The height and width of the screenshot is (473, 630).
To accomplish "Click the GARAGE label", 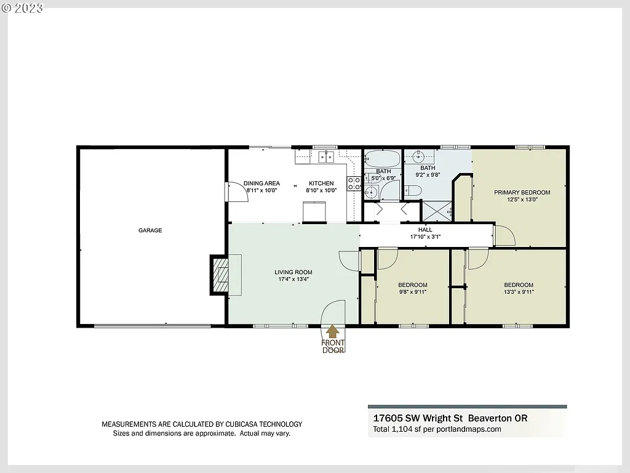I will pyautogui.click(x=150, y=230).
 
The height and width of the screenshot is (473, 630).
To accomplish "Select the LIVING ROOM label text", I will pyautogui.click(x=293, y=272).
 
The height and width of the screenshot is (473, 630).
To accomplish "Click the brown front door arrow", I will pyautogui.click(x=332, y=332).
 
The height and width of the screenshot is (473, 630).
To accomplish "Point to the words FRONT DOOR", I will pyautogui.click(x=333, y=347).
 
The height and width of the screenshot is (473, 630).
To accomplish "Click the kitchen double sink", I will pyautogui.click(x=326, y=157).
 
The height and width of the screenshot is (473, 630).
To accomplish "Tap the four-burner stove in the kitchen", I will pyautogui.click(x=354, y=183).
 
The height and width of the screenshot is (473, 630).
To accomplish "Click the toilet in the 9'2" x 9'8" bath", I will pyautogui.click(x=413, y=192).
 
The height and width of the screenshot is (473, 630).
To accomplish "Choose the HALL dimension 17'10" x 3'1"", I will pyautogui.click(x=425, y=236).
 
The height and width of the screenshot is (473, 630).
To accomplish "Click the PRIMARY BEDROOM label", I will pyautogui.click(x=522, y=192).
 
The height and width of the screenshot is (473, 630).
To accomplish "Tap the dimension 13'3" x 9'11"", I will pyautogui.click(x=519, y=292).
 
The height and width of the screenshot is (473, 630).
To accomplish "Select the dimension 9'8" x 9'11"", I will pyautogui.click(x=412, y=292).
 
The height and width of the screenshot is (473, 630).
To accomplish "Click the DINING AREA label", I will pyautogui.click(x=261, y=183).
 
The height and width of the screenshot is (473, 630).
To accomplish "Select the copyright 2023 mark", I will pyautogui.click(x=23, y=7).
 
